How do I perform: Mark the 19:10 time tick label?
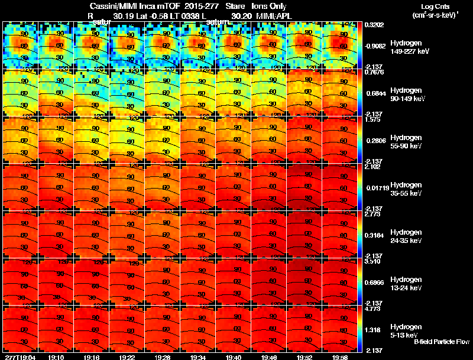57,358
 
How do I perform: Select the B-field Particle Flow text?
442,342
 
